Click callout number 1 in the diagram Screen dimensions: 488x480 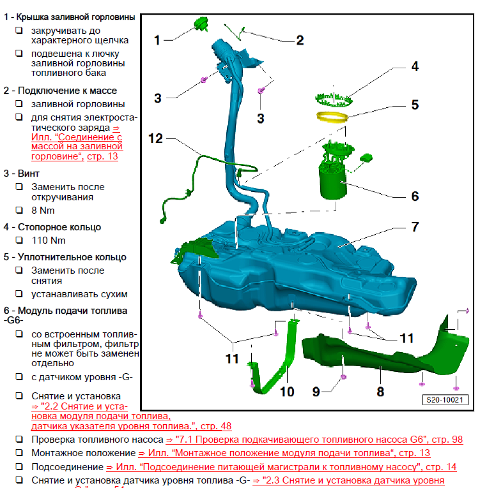coord(157,40)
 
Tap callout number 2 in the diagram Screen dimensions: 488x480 coord(299,40)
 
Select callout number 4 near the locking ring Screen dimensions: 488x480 coord(414,66)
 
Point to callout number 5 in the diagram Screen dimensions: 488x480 coord(414,105)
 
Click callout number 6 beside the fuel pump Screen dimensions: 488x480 coord(414,196)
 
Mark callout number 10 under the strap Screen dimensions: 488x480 coord(287,390)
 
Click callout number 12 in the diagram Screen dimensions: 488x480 coord(157,138)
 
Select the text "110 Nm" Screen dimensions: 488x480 coord(49,240)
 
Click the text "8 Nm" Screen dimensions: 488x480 coord(43,210)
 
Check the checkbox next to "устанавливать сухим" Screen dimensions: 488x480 coord(20,294)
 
